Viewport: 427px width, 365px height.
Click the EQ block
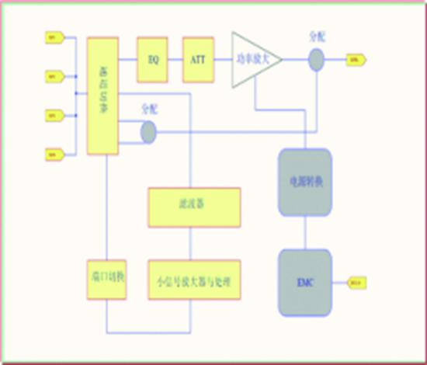coord(152,59)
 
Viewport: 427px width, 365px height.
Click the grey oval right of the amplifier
coord(316,60)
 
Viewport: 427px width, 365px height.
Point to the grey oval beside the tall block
coord(148,133)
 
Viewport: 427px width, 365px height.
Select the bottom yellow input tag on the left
coord(51,153)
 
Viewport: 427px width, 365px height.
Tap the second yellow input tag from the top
coord(51,76)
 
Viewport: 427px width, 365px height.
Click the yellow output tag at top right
coord(355,59)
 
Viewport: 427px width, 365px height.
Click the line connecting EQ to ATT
coord(175,59)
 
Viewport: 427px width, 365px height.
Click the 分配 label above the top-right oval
coord(317,36)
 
